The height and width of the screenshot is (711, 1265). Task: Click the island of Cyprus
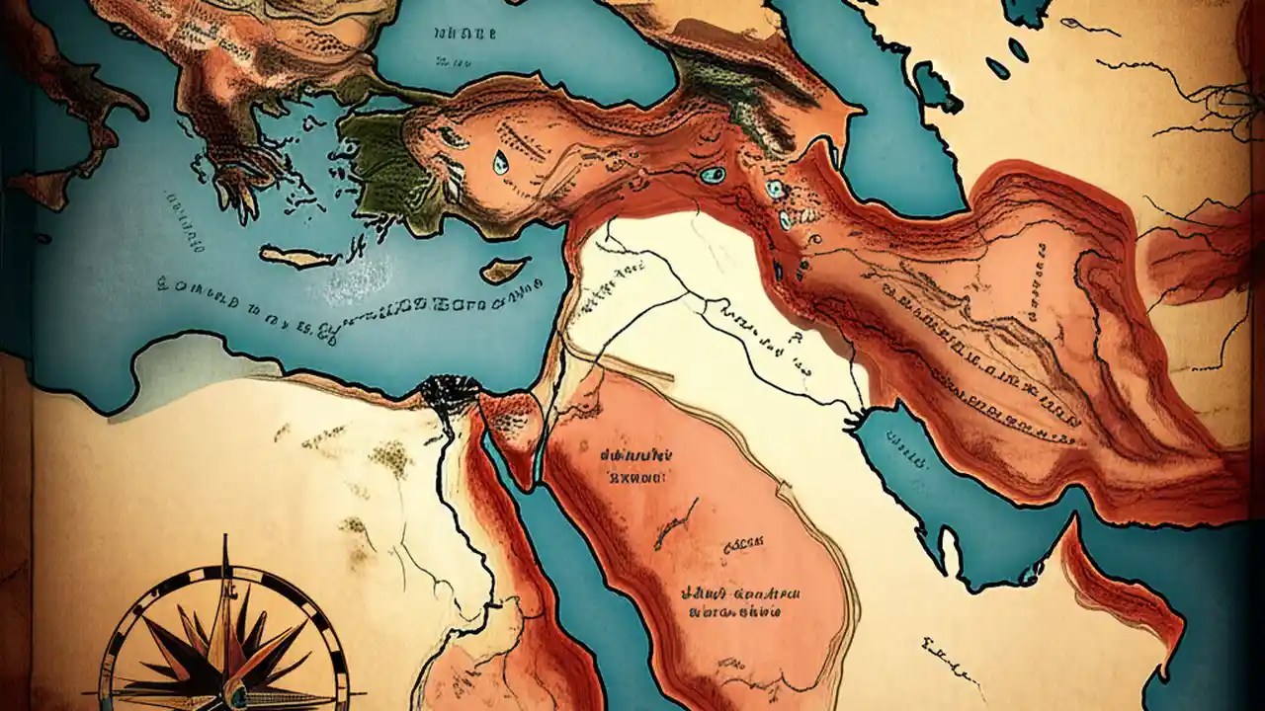tap(505, 270)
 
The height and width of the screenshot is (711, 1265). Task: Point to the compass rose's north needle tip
tap(225, 541)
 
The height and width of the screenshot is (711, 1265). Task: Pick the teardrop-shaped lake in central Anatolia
tap(500, 160)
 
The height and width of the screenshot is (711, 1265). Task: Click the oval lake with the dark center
tap(711, 175)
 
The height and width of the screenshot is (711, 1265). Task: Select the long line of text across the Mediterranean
tap(346, 301)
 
